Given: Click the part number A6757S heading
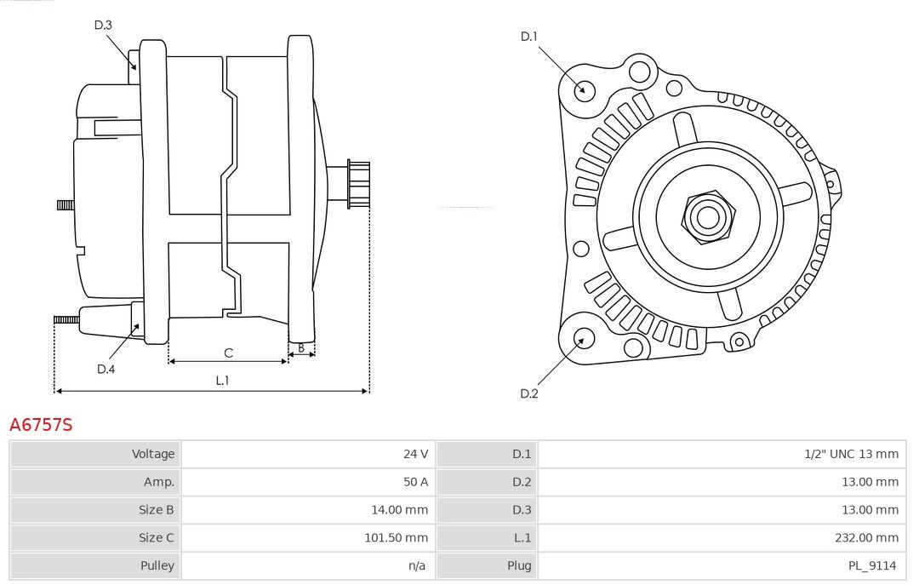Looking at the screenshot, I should pyautogui.click(x=41, y=424).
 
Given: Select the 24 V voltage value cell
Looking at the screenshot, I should pyautogui.click(x=415, y=454).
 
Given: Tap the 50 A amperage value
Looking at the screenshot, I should pyautogui.click(x=415, y=482).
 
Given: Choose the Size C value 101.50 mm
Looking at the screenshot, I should pyautogui.click(x=396, y=537).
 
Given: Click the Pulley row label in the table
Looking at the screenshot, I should pyautogui.click(x=157, y=565).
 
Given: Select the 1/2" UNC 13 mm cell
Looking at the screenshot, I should pyautogui.click(x=851, y=454).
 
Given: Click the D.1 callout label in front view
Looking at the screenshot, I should pyautogui.click(x=529, y=37).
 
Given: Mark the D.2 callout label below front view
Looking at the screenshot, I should pyautogui.click(x=529, y=393).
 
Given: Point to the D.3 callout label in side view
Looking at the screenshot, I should pyautogui.click(x=103, y=25).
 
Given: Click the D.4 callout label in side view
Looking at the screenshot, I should pyautogui.click(x=106, y=369).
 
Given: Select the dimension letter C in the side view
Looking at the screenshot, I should pyautogui.click(x=228, y=353).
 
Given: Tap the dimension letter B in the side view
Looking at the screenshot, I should pyautogui.click(x=301, y=347).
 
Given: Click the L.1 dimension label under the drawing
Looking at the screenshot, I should pyautogui.click(x=222, y=381).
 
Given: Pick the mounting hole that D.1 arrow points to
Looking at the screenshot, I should pyautogui.click(x=585, y=89).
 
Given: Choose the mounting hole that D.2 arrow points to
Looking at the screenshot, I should pyautogui.click(x=583, y=339).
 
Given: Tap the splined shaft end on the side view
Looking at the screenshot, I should pyautogui.click(x=358, y=184).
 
